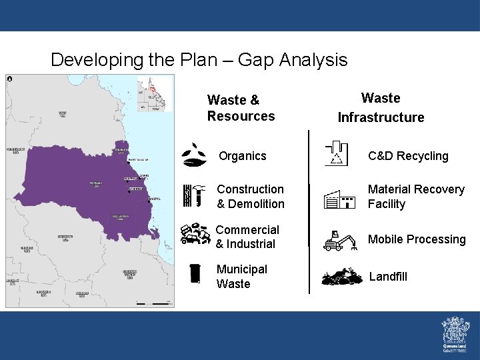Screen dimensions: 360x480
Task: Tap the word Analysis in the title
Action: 313,60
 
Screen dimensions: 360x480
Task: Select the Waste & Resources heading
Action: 241,108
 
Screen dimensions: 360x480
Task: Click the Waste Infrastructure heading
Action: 381,108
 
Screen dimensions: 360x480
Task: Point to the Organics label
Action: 243,156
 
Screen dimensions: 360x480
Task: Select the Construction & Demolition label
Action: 251,197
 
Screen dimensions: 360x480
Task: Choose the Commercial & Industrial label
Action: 247,237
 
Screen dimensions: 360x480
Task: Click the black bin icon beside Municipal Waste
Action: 195,273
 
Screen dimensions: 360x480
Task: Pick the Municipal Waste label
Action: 242,277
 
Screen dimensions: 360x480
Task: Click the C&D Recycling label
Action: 409,156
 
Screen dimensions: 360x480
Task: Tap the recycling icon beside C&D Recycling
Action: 337,153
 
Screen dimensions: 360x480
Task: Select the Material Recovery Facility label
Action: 416,197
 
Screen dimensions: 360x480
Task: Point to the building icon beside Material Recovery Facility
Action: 339,198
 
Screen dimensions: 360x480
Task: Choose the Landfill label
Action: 388,277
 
